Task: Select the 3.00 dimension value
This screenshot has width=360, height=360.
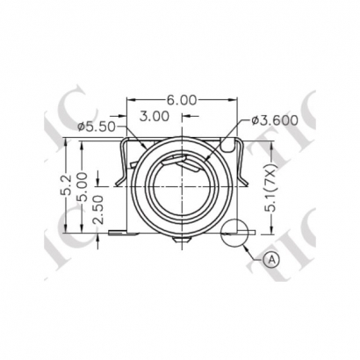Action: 155,116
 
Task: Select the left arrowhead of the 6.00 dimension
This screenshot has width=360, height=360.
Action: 132,101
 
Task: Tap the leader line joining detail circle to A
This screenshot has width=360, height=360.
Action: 256,248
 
